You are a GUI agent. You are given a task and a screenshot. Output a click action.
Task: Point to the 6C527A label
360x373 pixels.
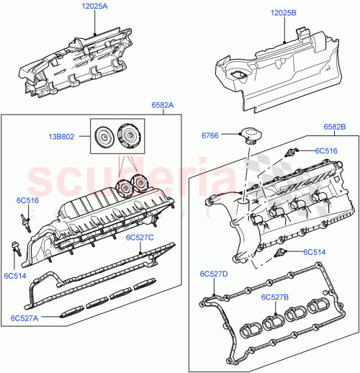coord(26,318)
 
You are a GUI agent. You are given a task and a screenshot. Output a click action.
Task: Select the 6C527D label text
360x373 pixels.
coord(214,274)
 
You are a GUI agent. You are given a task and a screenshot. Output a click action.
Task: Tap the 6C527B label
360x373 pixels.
coord(276,297)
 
